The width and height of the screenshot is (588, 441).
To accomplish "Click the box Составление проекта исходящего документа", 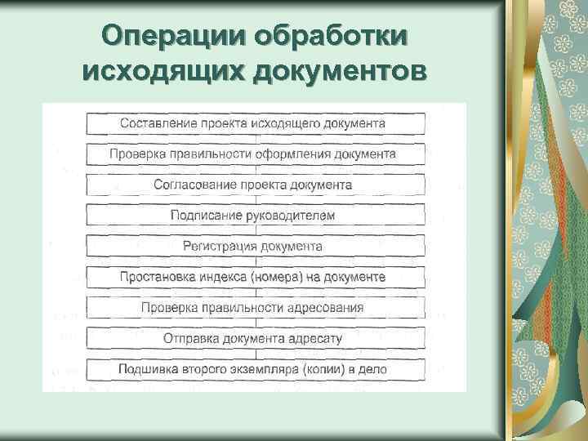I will coord(255,123).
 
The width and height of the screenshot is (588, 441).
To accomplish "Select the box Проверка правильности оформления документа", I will coord(255,154).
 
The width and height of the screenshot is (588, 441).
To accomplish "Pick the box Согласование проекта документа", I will coord(255,185).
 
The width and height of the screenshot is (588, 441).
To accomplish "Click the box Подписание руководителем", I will coord(255,215).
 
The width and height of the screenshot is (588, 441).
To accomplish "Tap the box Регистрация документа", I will coord(255,246).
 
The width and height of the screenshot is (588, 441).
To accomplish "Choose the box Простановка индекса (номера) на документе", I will coord(255,277).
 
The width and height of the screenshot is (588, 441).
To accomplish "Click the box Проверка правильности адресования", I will coord(255,308).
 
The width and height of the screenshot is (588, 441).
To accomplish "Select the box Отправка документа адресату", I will coord(255,338).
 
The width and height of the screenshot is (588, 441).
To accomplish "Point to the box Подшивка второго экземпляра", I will coord(255,369).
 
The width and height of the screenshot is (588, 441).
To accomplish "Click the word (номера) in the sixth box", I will coord(276,277).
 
